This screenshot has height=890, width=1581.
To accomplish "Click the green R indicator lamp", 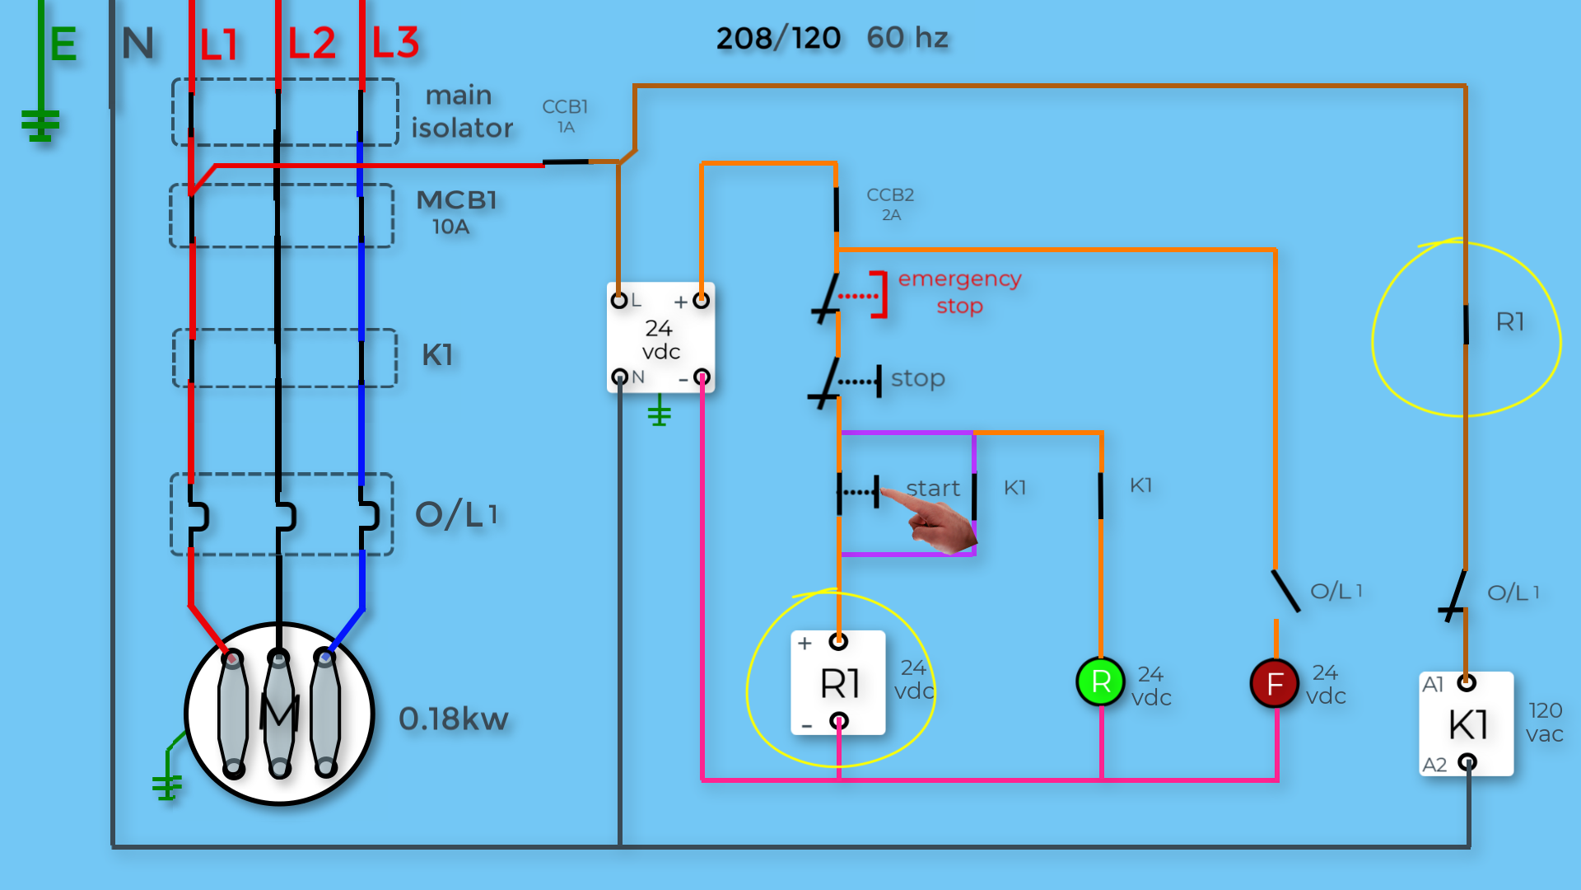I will click(x=1100, y=682).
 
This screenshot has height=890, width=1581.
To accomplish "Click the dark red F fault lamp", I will click(x=1274, y=683).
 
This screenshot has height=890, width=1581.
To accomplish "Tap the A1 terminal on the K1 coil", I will click(x=1466, y=682).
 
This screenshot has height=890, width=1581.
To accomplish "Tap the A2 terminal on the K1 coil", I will click(x=1467, y=762).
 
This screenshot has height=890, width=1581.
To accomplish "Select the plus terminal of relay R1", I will click(x=838, y=641).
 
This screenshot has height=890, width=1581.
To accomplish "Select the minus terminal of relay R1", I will click(x=838, y=722).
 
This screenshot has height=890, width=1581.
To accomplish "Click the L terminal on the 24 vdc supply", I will click(x=619, y=301).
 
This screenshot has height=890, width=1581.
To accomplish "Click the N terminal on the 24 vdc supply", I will click(x=620, y=377).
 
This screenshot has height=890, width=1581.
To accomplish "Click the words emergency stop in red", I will click(x=959, y=292).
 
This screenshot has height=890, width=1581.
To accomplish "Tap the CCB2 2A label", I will click(x=890, y=204).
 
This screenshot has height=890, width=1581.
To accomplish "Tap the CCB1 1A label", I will click(x=565, y=115).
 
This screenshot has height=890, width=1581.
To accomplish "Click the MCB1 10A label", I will click(x=456, y=211).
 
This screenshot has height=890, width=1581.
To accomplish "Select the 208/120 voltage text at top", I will click(x=778, y=38).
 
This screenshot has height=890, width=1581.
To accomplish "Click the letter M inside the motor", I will click(x=279, y=712).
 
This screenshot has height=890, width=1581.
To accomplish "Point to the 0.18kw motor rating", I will click(x=453, y=719).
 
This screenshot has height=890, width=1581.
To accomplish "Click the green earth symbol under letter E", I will click(x=40, y=125).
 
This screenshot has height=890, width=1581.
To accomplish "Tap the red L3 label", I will click(x=396, y=43).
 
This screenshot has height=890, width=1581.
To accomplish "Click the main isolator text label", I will click(x=461, y=111).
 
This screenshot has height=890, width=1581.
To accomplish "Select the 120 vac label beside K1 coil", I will click(x=1544, y=722).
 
